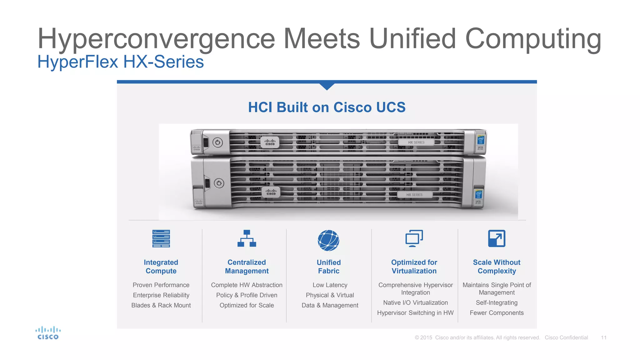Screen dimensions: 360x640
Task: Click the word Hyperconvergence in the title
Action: (x=156, y=39)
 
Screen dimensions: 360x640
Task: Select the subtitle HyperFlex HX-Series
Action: (x=120, y=62)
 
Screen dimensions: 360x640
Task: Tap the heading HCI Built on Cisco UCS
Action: (x=327, y=107)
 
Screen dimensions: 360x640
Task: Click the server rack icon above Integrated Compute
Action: (x=161, y=239)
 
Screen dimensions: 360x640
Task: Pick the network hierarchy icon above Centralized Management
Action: (x=247, y=239)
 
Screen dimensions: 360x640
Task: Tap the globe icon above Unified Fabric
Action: (x=328, y=240)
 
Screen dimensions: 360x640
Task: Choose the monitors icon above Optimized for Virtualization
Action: (x=414, y=238)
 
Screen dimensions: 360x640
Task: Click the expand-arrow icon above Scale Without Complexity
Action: (x=497, y=238)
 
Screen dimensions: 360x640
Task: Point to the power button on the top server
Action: (x=217, y=142)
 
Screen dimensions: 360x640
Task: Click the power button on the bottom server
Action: (x=219, y=183)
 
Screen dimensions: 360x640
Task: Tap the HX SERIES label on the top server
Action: (x=416, y=142)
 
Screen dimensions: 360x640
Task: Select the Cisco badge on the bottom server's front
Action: (x=271, y=192)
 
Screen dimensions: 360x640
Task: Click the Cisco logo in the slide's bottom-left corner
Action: (x=48, y=333)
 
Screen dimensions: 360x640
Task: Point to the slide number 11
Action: (x=603, y=338)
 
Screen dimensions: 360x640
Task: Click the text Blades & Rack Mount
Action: (x=161, y=305)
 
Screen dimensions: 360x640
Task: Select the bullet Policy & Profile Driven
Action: (x=247, y=295)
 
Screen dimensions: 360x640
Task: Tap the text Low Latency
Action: (x=330, y=285)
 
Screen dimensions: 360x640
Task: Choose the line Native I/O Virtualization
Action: (x=415, y=303)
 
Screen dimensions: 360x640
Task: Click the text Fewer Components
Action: (x=497, y=313)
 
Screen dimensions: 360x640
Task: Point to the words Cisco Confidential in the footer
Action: (x=566, y=338)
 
